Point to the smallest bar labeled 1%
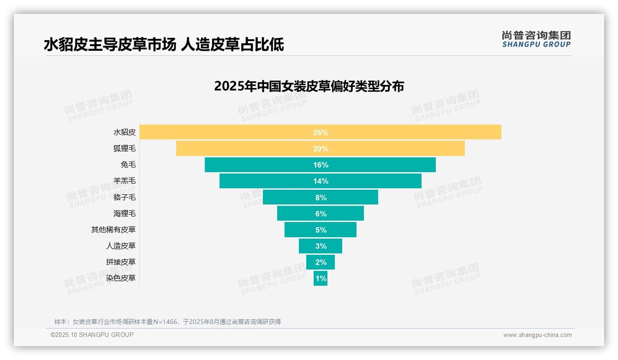(321, 278)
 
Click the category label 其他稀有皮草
(113, 230)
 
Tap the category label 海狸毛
(125, 214)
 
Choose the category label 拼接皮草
(121, 262)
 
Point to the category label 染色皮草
(121, 278)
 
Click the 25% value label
(321, 132)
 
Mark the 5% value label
(321, 230)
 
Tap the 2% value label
(321, 262)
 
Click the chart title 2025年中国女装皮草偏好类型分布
(309, 86)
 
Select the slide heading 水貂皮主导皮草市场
(110, 44)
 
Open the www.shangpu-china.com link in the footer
(537, 335)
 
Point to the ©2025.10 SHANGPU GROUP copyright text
(92, 335)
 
